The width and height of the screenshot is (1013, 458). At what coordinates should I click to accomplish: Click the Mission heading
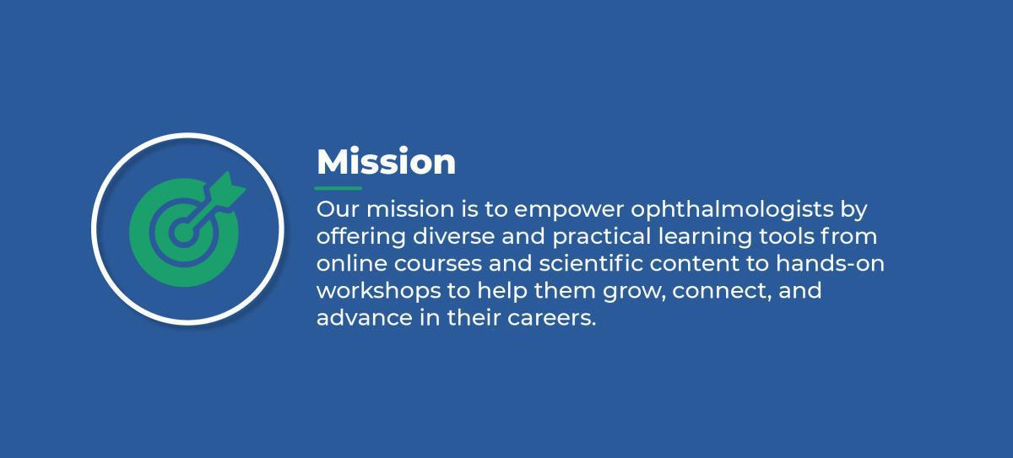[387, 161]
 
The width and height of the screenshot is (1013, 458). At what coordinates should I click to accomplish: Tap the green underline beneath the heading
[339, 188]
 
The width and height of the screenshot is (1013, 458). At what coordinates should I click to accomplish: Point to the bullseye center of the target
[183, 233]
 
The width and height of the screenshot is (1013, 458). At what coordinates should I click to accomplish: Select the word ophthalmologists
[732, 210]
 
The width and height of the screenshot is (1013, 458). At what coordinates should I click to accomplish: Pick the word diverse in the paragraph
[453, 236]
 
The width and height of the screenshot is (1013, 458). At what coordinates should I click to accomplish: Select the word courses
[438, 264]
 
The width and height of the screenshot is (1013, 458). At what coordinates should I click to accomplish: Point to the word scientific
[591, 263]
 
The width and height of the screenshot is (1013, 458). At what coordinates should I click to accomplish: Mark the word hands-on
[830, 263]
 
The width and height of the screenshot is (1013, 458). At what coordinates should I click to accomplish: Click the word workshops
[378, 291]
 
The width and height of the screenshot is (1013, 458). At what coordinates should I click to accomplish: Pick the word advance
[365, 317]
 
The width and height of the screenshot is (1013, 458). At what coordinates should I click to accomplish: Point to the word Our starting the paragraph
[338, 209]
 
